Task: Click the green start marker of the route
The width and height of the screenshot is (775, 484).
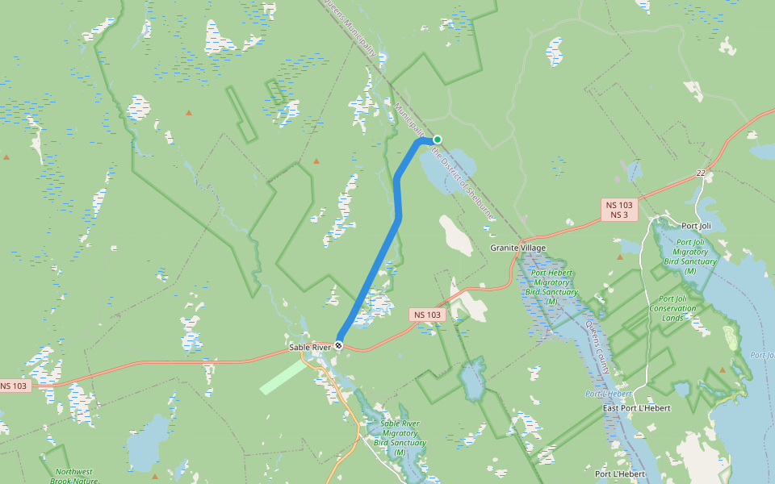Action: click(x=437, y=140)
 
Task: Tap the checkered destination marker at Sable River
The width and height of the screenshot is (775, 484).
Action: click(x=339, y=345)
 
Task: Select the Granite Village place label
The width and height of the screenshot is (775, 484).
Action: click(x=518, y=248)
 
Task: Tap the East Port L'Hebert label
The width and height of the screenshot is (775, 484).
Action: click(x=637, y=408)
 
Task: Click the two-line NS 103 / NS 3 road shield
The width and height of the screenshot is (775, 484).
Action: click(x=620, y=210)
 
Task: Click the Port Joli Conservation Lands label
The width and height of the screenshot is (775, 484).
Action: click(x=672, y=308)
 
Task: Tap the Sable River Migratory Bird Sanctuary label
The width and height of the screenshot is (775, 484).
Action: click(x=400, y=437)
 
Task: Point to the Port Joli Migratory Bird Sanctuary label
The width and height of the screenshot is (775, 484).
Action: click(x=690, y=257)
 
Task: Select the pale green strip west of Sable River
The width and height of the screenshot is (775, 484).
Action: click(x=283, y=377)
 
